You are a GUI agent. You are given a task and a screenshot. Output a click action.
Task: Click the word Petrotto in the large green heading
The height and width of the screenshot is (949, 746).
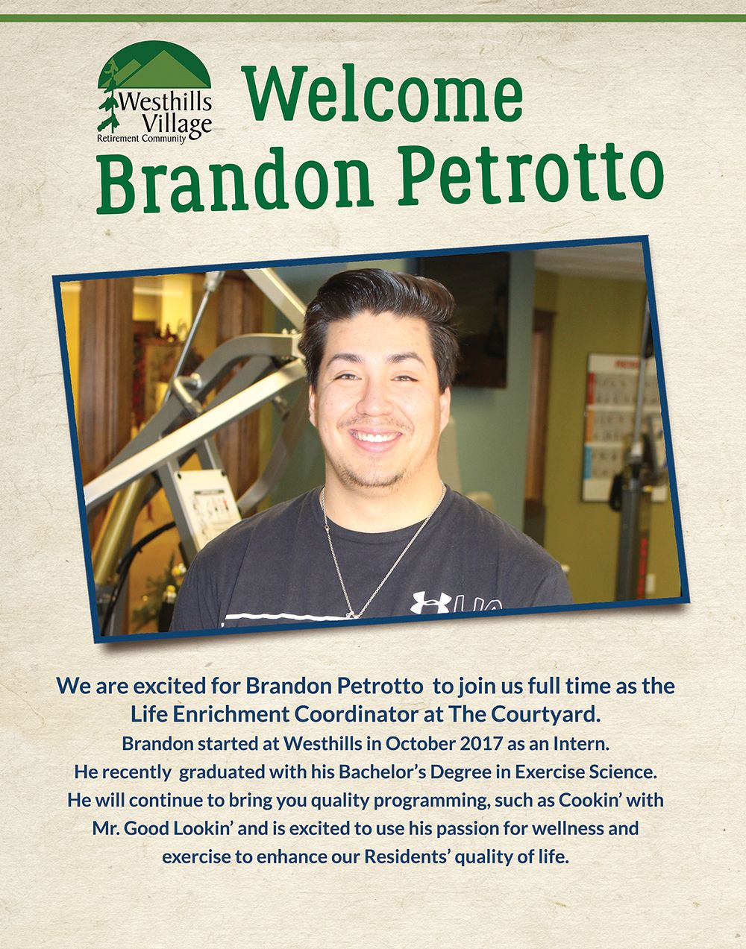click(x=530, y=177)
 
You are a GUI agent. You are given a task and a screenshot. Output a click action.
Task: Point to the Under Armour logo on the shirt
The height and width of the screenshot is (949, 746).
click(x=430, y=602)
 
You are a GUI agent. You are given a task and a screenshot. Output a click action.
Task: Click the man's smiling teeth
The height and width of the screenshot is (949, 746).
click(x=375, y=436)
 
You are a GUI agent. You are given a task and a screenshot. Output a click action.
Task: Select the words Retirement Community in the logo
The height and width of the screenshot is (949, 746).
click(x=141, y=139)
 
